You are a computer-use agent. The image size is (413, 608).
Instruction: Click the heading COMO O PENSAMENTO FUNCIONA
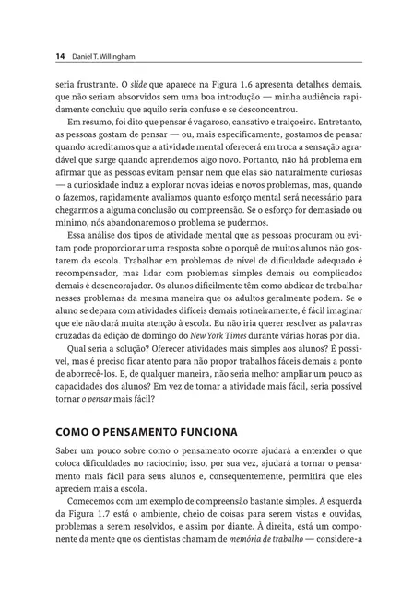coord(147,431)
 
